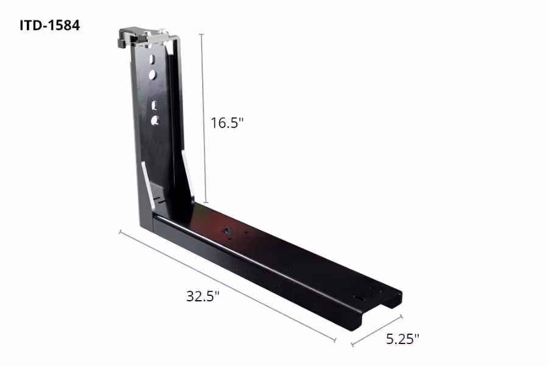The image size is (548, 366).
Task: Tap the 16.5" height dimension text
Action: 227,123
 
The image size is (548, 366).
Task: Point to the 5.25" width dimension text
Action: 402,339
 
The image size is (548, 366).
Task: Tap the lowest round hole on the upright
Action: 156,120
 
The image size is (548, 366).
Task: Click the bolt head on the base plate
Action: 226,231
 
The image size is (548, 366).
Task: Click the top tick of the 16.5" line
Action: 202,34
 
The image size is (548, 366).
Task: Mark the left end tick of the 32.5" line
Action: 120,232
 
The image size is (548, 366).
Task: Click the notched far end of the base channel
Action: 378,308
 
